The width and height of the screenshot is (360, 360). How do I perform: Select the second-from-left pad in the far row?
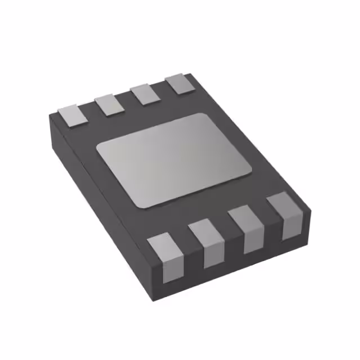108,103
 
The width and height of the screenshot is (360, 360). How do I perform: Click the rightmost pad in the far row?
178,83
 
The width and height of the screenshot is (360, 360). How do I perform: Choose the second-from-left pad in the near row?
206,242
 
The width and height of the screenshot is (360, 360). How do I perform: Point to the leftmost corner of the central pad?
97,147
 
